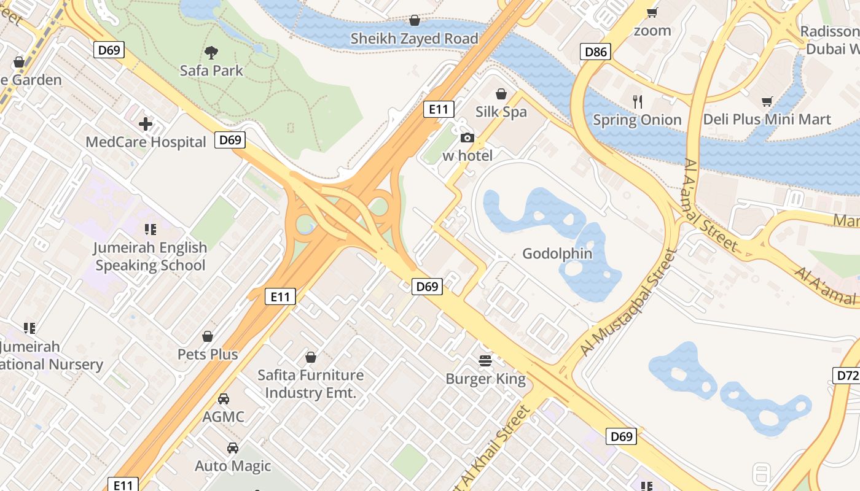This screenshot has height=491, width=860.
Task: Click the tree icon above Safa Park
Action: [x=211, y=53]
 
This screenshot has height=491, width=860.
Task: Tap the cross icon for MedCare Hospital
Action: [x=146, y=125]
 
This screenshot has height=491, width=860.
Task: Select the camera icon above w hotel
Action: [x=467, y=137]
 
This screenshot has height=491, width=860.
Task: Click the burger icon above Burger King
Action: [x=485, y=360]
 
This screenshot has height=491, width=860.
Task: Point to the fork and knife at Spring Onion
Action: [x=638, y=101]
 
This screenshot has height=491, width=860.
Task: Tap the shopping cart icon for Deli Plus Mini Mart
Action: [x=767, y=101]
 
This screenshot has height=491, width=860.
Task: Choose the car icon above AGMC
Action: [x=224, y=399]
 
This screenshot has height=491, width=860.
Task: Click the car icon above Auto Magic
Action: [x=233, y=448]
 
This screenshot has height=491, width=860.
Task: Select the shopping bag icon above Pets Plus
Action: [x=208, y=336]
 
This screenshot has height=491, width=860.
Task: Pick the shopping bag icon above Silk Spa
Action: [x=501, y=94]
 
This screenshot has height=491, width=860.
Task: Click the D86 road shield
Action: [x=596, y=52]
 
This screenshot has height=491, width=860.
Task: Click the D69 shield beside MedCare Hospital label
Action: [x=230, y=140]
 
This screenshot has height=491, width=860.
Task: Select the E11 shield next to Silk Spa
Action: [x=439, y=109]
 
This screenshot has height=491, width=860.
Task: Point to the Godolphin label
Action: [x=557, y=253]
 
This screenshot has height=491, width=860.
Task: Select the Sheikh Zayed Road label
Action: [x=414, y=39]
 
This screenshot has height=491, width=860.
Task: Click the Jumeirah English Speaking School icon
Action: [x=150, y=230]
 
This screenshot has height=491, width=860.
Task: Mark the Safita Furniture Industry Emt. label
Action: [x=310, y=384]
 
